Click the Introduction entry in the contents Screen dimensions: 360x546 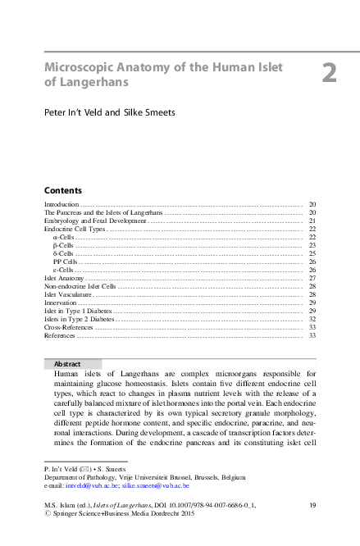coord(61,203)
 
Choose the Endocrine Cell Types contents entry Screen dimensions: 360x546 coord(75,229)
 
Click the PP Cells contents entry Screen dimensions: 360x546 coord(65,262)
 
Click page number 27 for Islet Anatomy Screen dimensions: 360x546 coord(312,278)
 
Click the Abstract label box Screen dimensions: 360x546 coord(73,363)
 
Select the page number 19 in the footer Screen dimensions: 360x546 coord(312,506)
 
